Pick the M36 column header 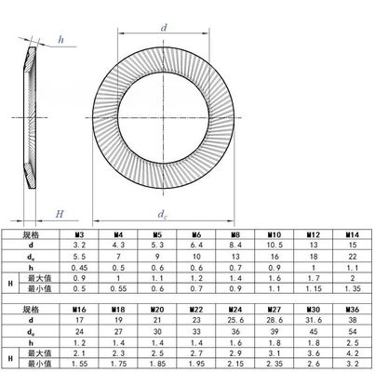tap(352, 307)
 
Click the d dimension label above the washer tap(163, 29)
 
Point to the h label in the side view tap(60, 39)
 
